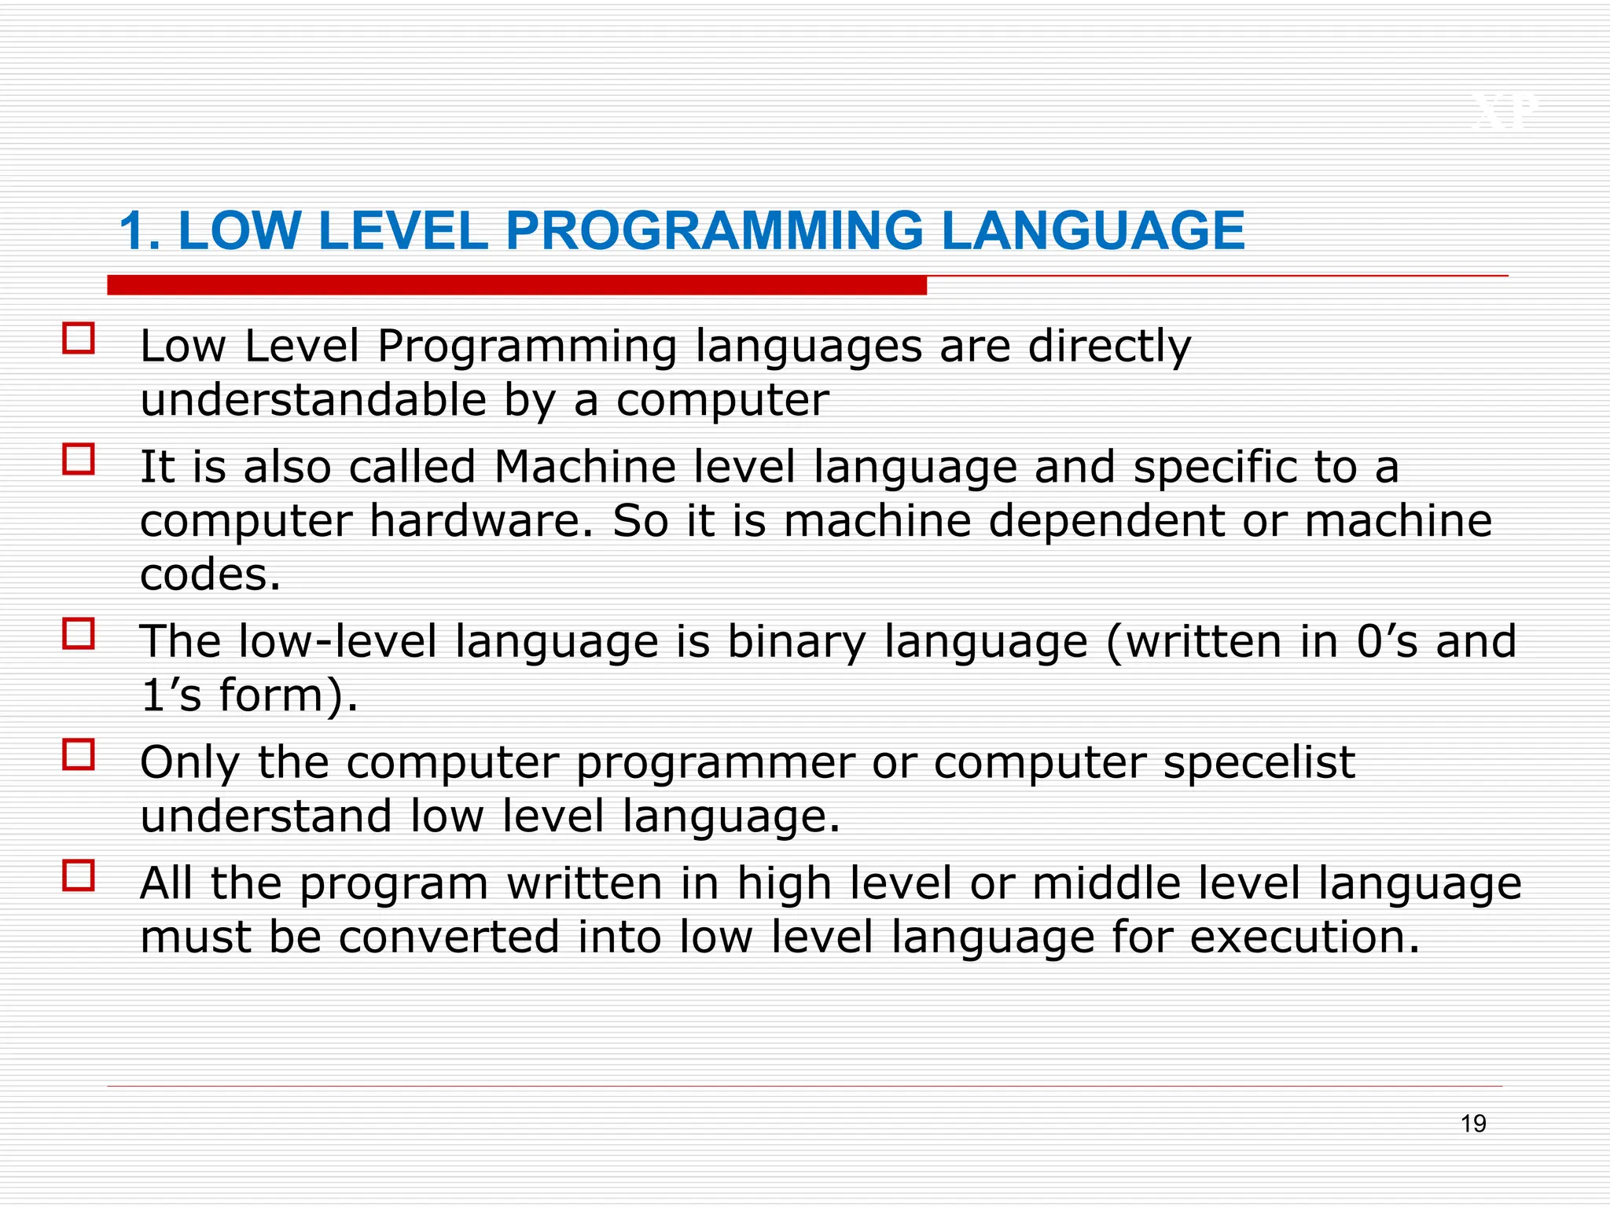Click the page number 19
click(x=1473, y=1124)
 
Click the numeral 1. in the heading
click(x=140, y=231)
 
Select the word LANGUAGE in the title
click(x=1093, y=231)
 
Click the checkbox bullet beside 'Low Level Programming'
click(x=79, y=339)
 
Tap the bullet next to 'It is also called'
click(x=79, y=460)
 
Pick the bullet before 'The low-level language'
click(x=79, y=633)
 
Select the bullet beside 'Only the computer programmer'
click(x=79, y=754)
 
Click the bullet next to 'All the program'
click(x=79, y=875)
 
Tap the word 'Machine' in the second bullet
click(x=585, y=467)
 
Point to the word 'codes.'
click(x=210, y=574)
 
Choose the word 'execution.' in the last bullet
click(x=1305, y=937)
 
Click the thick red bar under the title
click(x=516, y=285)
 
